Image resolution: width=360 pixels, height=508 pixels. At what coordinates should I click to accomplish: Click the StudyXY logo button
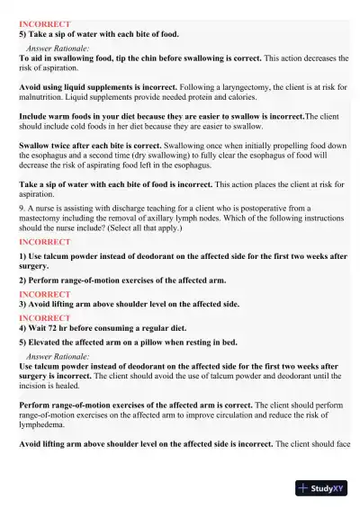pos(320,488)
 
